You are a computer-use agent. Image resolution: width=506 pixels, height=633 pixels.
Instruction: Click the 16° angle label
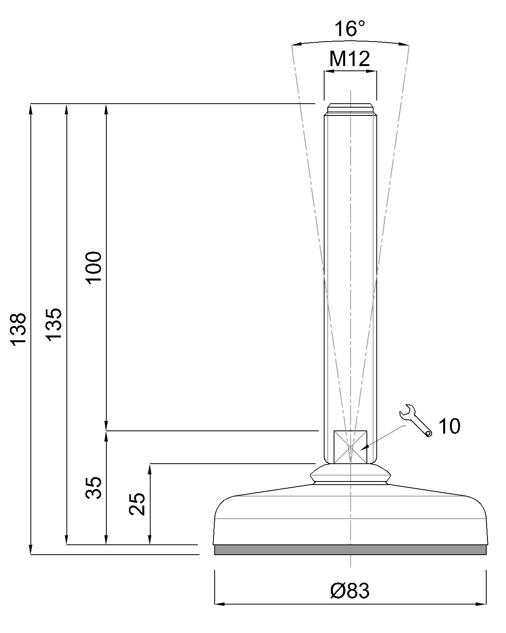click(350, 29)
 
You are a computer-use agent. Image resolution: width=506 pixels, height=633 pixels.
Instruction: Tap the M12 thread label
click(350, 59)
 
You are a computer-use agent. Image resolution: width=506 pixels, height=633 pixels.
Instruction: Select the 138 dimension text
click(18, 330)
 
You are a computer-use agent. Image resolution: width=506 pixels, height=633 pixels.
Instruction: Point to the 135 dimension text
click(53, 324)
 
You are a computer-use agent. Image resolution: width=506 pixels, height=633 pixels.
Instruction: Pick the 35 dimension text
click(94, 487)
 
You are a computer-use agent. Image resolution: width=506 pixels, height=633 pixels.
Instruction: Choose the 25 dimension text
click(138, 504)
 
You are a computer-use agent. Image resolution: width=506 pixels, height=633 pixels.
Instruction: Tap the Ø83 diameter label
click(350, 591)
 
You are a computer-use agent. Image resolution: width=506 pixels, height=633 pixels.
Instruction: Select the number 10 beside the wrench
click(449, 426)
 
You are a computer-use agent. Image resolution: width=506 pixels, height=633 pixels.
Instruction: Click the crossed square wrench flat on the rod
click(350, 447)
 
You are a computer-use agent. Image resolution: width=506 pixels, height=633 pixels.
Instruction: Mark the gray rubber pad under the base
click(350, 550)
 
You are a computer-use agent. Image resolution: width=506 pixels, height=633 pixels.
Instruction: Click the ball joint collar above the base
click(350, 474)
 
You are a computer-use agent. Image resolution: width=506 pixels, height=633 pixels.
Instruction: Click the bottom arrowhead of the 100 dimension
click(106, 426)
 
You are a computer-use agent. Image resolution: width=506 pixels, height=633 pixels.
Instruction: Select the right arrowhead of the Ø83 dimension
click(482, 604)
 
